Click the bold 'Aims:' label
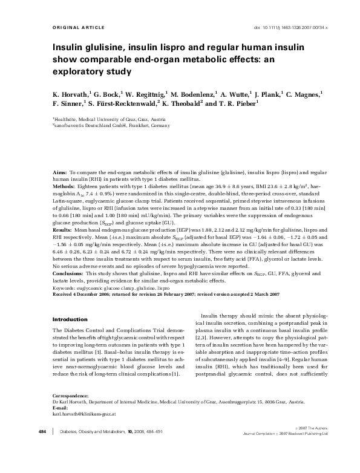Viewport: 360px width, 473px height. [x=60, y=173]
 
